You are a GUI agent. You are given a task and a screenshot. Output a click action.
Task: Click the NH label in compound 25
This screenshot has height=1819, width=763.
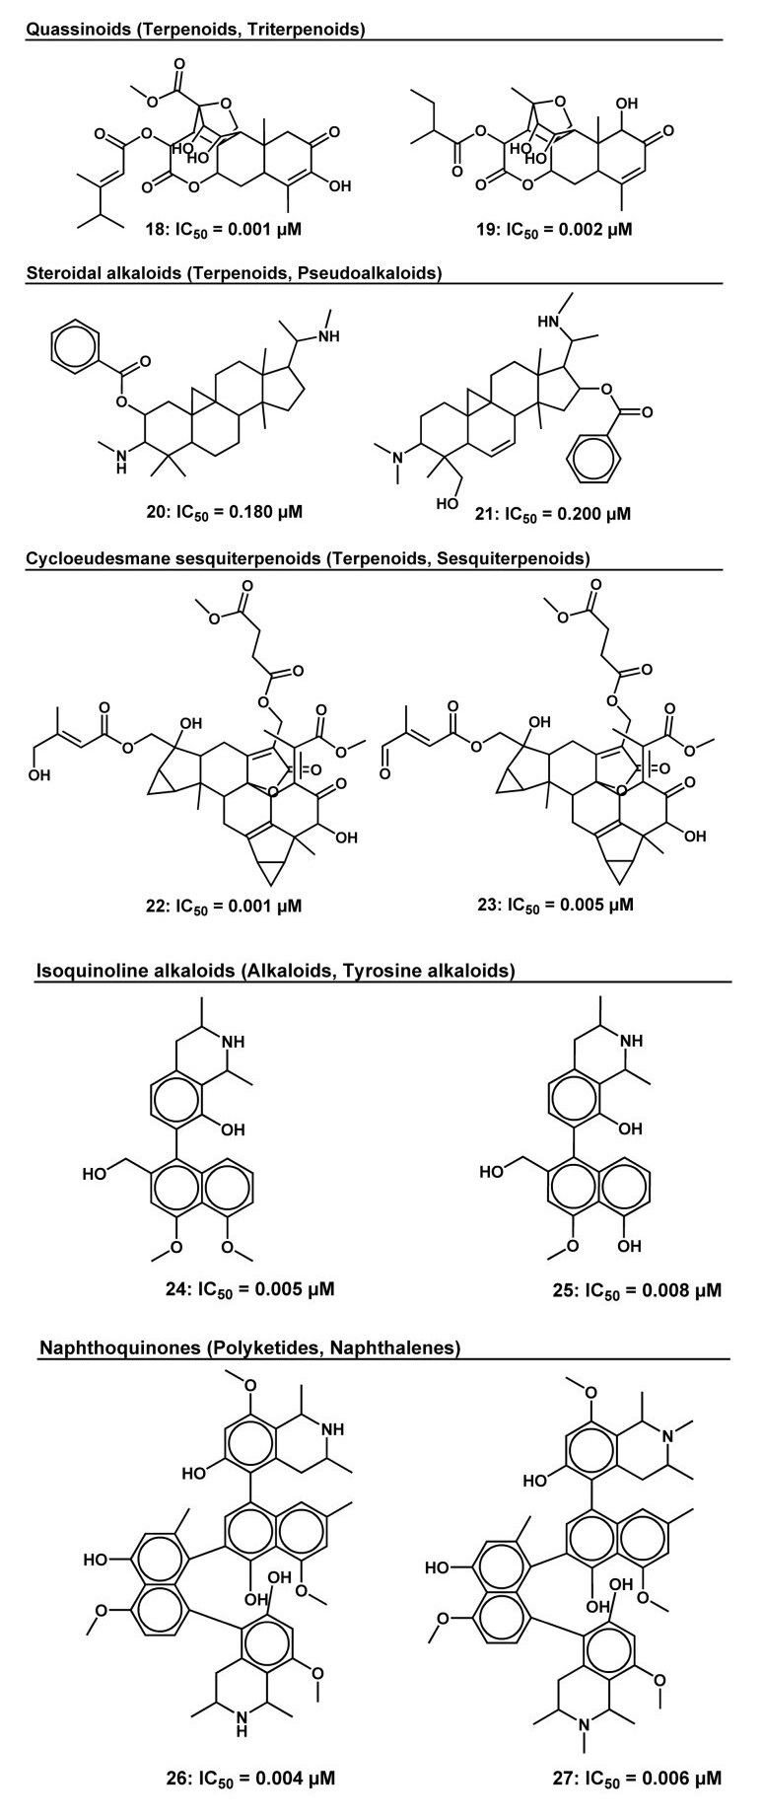(x=630, y=1040)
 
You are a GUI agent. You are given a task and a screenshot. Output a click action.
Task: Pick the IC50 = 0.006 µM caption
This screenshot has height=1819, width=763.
(x=638, y=1779)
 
